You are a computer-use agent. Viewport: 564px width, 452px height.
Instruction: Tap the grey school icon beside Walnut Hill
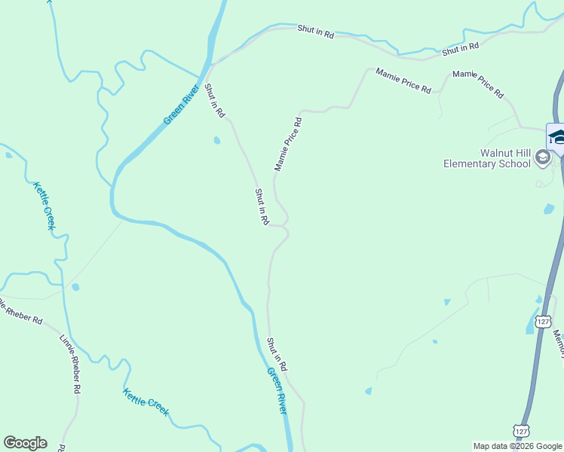point(541,157)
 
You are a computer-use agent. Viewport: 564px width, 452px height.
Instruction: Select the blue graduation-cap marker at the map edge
point(557,138)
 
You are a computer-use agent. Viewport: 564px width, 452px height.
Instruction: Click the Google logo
point(25,443)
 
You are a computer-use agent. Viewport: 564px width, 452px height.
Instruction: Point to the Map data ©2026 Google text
point(517,446)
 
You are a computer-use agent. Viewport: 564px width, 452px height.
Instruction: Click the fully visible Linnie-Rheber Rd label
point(69,362)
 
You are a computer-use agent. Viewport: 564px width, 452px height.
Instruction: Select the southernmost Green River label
point(277,390)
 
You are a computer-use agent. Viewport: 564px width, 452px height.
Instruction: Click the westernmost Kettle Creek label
point(42,207)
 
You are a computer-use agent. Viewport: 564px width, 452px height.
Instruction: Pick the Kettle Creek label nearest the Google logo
point(146,402)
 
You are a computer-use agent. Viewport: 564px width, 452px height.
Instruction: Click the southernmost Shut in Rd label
point(277,353)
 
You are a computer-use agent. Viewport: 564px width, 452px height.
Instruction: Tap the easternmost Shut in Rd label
point(461,48)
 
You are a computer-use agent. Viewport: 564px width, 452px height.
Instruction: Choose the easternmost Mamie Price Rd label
point(478,84)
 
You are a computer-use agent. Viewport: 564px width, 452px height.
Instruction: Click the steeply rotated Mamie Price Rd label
point(287,143)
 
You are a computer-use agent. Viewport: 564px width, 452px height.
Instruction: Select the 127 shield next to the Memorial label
point(542,321)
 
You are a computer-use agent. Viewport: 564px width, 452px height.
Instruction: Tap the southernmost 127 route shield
point(521,430)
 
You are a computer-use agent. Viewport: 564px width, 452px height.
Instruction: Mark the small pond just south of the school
point(548,209)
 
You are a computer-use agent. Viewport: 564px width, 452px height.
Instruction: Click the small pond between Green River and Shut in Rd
point(217,140)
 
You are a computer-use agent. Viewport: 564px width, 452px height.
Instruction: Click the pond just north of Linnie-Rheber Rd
point(75,287)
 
